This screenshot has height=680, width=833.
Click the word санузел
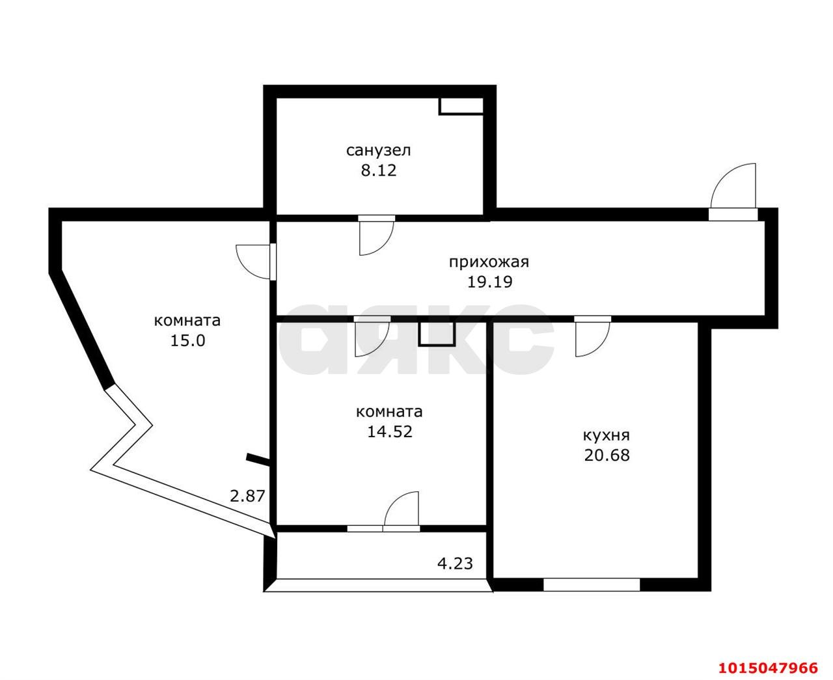[x=378, y=150]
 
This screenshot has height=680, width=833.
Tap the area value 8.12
[x=378, y=170]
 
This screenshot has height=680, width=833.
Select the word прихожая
[x=489, y=263]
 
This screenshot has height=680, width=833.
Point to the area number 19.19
[x=489, y=282]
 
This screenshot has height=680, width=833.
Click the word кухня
[x=607, y=435]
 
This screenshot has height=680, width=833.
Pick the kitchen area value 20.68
[x=607, y=456]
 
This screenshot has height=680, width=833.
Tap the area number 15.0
[x=187, y=340]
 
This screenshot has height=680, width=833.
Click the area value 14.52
[x=389, y=431]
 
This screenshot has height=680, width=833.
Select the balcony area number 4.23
[x=455, y=564]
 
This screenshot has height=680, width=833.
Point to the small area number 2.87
[x=247, y=496]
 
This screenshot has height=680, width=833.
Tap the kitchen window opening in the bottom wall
[x=592, y=584]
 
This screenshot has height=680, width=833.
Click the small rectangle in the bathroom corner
[x=461, y=106]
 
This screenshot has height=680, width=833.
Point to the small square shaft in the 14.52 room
[x=437, y=334]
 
